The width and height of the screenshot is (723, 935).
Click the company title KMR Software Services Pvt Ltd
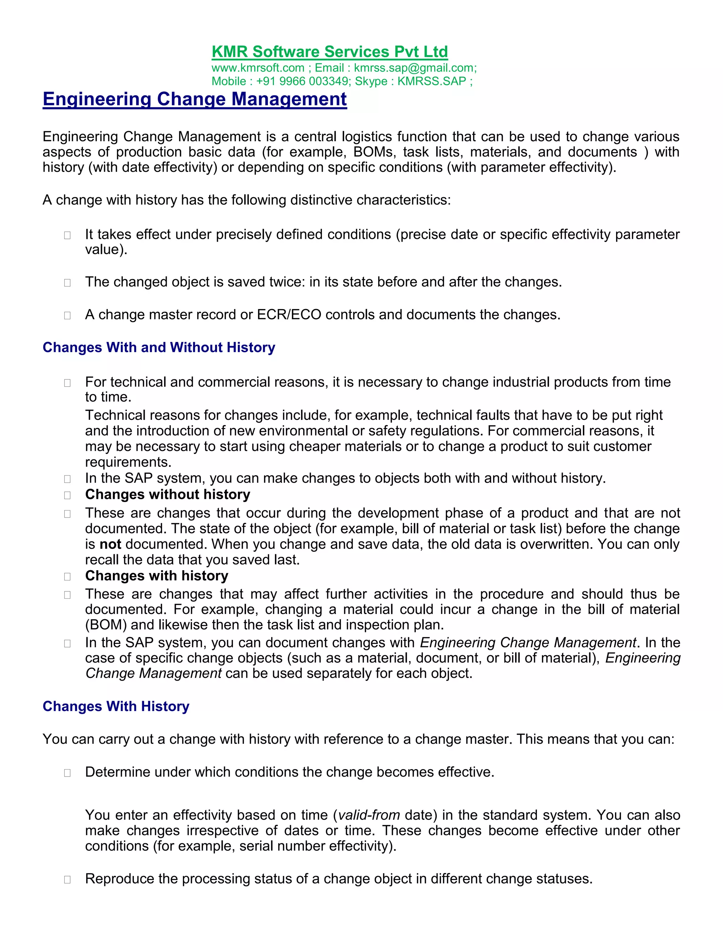pyautogui.click(x=329, y=52)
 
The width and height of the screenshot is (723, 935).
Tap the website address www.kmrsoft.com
pyautogui.click(x=258, y=68)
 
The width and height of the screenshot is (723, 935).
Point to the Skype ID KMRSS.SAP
pyautogui.click(x=431, y=82)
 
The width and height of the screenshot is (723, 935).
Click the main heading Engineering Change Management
pyautogui.click(x=195, y=99)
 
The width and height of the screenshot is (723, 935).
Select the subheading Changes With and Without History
pyautogui.click(x=159, y=347)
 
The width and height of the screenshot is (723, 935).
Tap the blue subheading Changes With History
pyautogui.click(x=116, y=706)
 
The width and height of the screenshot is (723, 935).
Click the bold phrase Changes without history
pyautogui.click(x=167, y=494)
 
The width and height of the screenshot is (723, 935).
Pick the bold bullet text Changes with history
pyautogui.click(x=156, y=576)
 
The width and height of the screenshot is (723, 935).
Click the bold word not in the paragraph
pyautogui.click(x=110, y=544)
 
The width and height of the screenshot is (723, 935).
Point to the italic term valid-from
pyautogui.click(x=369, y=815)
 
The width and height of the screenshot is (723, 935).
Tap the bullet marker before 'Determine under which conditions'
pyautogui.click(x=67, y=773)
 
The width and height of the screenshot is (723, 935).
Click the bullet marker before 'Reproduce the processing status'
pyautogui.click(x=67, y=879)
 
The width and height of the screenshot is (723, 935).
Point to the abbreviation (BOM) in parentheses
pyautogui.click(x=106, y=625)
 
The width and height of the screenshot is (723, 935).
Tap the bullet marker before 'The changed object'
pyautogui.click(x=67, y=283)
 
